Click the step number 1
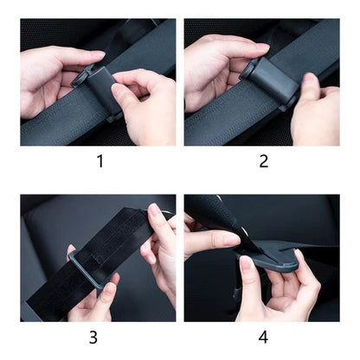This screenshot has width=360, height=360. tap(100, 161)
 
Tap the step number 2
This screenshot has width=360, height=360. tap(264, 161)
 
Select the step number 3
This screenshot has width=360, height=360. tap(93, 337)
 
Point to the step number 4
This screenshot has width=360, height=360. tap(263, 337)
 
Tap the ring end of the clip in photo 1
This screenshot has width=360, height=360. tap(81, 77)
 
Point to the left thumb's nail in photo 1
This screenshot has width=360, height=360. tap(98, 54)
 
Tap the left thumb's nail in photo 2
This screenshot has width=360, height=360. tap(262, 47)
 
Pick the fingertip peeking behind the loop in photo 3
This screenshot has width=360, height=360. tap(71, 250)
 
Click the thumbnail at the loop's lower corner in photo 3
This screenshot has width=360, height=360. tap(109, 287)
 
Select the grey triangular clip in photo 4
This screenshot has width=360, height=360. tap(271, 258)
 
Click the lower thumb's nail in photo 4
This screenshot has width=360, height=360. tap(247, 262)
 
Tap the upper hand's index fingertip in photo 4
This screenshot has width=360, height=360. tap(231, 240)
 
